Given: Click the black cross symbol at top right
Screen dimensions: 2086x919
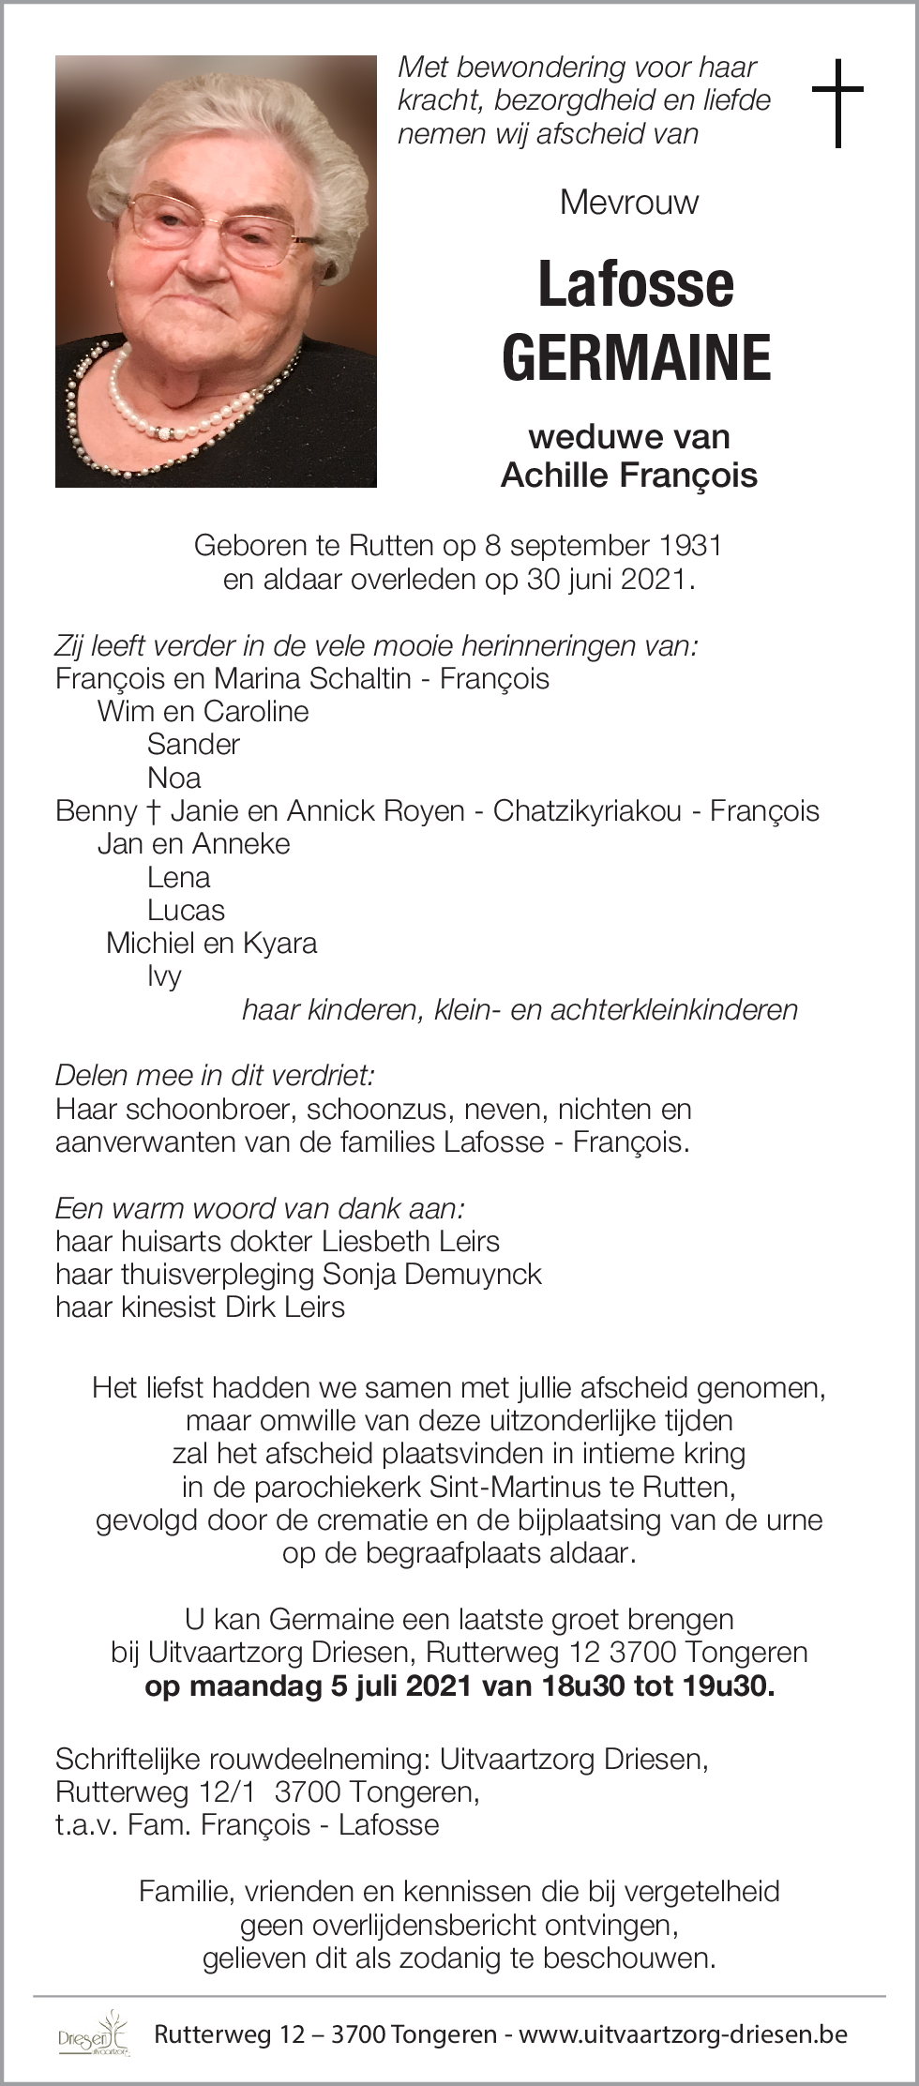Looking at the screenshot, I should pyautogui.click(x=837, y=102).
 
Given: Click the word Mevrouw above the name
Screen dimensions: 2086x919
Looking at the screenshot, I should pyautogui.click(x=629, y=202).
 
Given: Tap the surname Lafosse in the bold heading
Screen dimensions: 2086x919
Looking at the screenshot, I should pyautogui.click(x=636, y=284).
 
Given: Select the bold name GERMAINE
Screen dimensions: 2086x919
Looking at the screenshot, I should pyautogui.click(x=637, y=357).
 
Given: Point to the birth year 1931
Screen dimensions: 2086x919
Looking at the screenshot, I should pyautogui.click(x=688, y=545).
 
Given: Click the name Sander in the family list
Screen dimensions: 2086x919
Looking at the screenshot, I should pyautogui.click(x=193, y=745).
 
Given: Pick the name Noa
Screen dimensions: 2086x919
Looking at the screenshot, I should pyautogui.click(x=173, y=778).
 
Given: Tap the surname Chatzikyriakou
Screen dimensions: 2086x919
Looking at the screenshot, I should pyautogui.click(x=587, y=810).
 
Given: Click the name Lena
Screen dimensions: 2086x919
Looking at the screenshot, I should pyautogui.click(x=178, y=877).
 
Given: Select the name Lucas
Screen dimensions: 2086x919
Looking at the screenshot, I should pyautogui.click(x=186, y=910).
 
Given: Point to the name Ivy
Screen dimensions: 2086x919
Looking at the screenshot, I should pyautogui.click(x=164, y=976).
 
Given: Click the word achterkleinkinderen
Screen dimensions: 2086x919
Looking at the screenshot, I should pyautogui.click(x=674, y=1009).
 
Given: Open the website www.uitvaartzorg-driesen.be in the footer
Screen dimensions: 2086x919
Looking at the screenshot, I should pyautogui.click(x=683, y=2033).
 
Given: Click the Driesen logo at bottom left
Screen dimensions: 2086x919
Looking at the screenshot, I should pyautogui.click(x=94, y=2033).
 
